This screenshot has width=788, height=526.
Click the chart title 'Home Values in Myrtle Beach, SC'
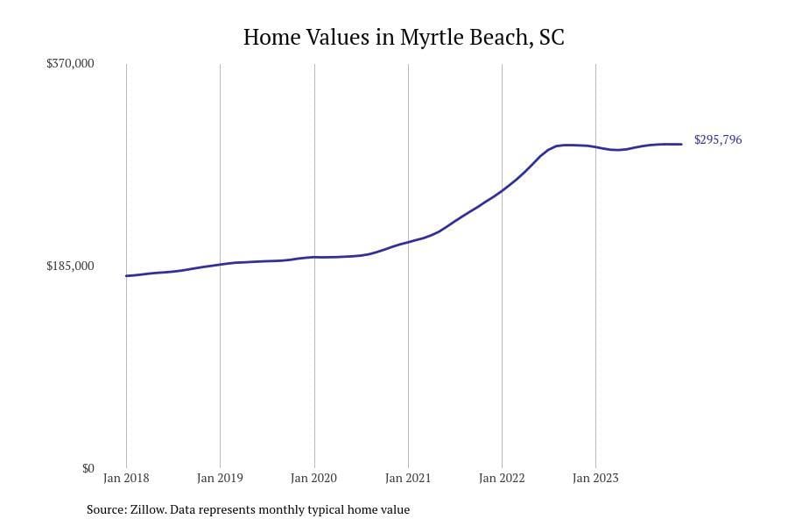404,38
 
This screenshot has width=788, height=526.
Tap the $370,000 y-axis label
70,64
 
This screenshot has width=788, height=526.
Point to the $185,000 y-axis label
70,266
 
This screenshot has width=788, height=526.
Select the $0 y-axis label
88,468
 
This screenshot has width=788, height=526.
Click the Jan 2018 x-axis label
126,478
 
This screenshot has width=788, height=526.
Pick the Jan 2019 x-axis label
220,478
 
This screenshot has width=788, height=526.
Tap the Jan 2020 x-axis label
313,478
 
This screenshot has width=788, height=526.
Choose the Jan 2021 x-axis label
408,478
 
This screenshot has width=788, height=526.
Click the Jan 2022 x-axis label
502,478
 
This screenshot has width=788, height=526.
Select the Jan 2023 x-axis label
595,478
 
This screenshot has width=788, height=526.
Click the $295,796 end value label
718,140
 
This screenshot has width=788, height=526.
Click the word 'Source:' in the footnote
105,509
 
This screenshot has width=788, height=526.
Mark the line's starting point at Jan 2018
126,276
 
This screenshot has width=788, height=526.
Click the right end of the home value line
681,144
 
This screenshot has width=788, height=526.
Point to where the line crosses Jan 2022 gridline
502,189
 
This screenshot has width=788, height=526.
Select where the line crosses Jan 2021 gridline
408,241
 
